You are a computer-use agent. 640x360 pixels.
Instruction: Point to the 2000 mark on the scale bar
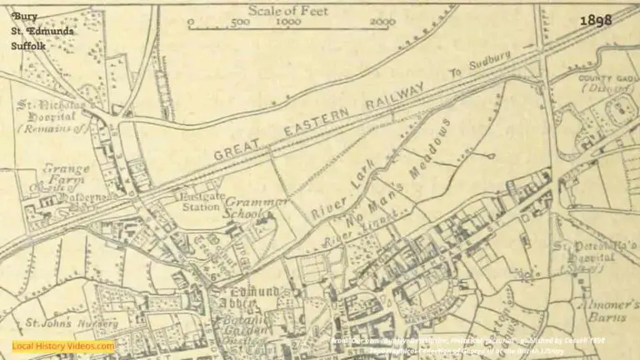pyautogui.click(x=382, y=22)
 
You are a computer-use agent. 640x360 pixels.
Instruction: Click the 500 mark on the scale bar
pyautogui.click(x=240, y=22)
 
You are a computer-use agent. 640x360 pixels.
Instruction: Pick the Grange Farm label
pyautogui.click(x=66, y=172)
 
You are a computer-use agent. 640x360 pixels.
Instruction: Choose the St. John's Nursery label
pyautogui.click(x=57, y=322)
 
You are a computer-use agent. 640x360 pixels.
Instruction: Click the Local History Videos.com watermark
pyautogui.click(x=63, y=346)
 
